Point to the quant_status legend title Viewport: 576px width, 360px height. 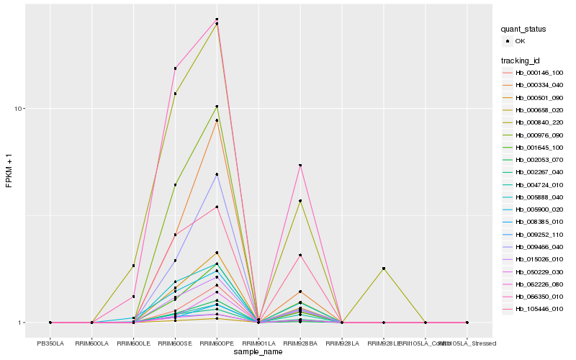point(523,29)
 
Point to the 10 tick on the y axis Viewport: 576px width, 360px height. point(21,109)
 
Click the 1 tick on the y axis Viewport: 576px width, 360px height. point(24,323)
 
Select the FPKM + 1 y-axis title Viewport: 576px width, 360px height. point(9,172)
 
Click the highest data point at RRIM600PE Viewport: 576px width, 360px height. point(217,19)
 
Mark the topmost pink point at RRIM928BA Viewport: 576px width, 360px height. point(300,166)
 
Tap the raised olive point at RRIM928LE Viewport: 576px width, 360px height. point(384,269)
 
